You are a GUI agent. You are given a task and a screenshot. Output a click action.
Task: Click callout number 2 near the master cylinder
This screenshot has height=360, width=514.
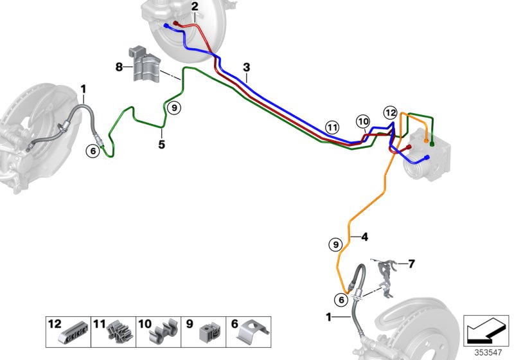coord(195,6)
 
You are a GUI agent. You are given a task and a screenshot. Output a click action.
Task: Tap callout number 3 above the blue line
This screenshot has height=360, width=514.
coord(247,67)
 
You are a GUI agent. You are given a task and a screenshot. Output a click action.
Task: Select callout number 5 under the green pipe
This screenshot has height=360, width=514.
coord(162,144)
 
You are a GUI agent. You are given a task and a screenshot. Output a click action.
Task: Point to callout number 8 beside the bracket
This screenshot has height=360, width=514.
coord(119,67)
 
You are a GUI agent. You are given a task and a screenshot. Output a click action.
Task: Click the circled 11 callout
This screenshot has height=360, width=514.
coord(332,127)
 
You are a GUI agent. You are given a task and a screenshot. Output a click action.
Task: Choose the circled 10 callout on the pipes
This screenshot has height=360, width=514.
coord(363,122)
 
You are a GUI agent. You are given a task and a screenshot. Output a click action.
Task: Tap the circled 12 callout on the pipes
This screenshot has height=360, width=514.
coord(391,113)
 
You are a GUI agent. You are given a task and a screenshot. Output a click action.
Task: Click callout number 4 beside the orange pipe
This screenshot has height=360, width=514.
coord(364,237)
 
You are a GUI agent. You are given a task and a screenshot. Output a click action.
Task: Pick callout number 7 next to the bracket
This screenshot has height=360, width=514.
coord(411,264)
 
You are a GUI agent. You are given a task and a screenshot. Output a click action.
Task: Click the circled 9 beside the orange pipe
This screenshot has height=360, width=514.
coord(335,244)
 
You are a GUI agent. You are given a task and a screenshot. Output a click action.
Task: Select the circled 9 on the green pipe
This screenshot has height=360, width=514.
coord(174,107)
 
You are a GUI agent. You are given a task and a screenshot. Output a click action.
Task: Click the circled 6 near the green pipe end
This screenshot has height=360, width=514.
coord(93,151)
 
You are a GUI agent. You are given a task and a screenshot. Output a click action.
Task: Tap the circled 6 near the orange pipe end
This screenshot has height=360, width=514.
coord(341,300)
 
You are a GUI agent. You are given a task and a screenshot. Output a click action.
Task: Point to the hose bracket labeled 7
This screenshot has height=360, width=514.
coord(385,277)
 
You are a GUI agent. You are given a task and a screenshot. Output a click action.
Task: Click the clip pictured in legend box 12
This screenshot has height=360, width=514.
coord(74,334)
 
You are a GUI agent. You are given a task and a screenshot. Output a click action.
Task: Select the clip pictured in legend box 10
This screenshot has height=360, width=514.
coord(163,332)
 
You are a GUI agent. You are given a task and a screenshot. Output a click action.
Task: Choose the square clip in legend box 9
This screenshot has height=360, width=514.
coord(210,332)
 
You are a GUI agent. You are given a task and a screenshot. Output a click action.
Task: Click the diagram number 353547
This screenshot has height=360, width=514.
coord(488,352)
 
